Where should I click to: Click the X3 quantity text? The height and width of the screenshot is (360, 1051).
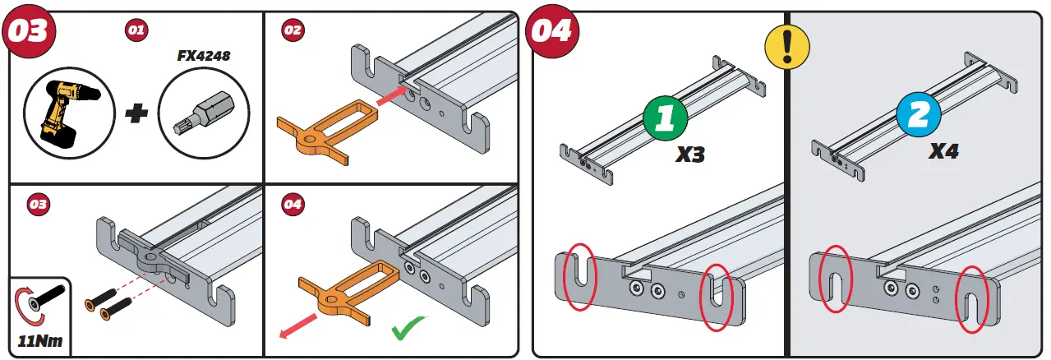[x=689, y=154]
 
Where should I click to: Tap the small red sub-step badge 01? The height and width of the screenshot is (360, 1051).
[x=136, y=30]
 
